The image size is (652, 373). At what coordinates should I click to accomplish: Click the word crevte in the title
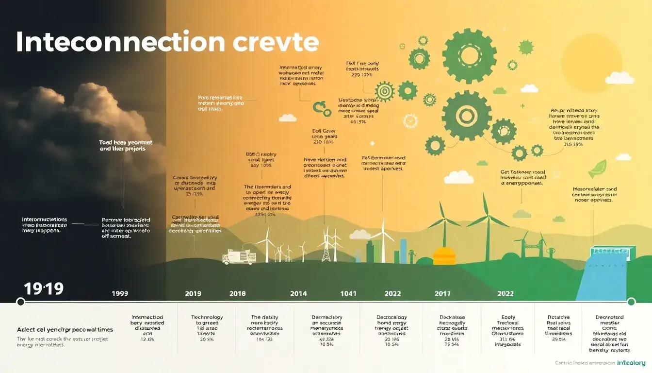[276, 43]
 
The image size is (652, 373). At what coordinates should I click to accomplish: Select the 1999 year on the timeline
[120, 293]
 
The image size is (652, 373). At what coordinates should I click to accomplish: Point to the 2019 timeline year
[194, 293]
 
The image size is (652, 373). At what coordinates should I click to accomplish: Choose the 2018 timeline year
[237, 293]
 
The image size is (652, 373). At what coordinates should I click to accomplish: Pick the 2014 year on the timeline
[298, 293]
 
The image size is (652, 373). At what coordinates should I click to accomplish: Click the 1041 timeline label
[348, 293]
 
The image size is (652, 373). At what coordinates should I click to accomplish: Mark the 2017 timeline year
[442, 293]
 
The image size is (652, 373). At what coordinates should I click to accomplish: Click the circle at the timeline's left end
[20, 302]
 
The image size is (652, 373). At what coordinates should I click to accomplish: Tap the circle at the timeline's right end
[631, 302]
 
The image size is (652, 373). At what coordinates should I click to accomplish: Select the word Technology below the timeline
[207, 317]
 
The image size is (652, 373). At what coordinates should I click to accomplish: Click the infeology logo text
[631, 363]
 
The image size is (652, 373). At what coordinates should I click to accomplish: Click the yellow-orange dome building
[444, 256]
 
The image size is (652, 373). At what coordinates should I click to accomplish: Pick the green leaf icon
[596, 169]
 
